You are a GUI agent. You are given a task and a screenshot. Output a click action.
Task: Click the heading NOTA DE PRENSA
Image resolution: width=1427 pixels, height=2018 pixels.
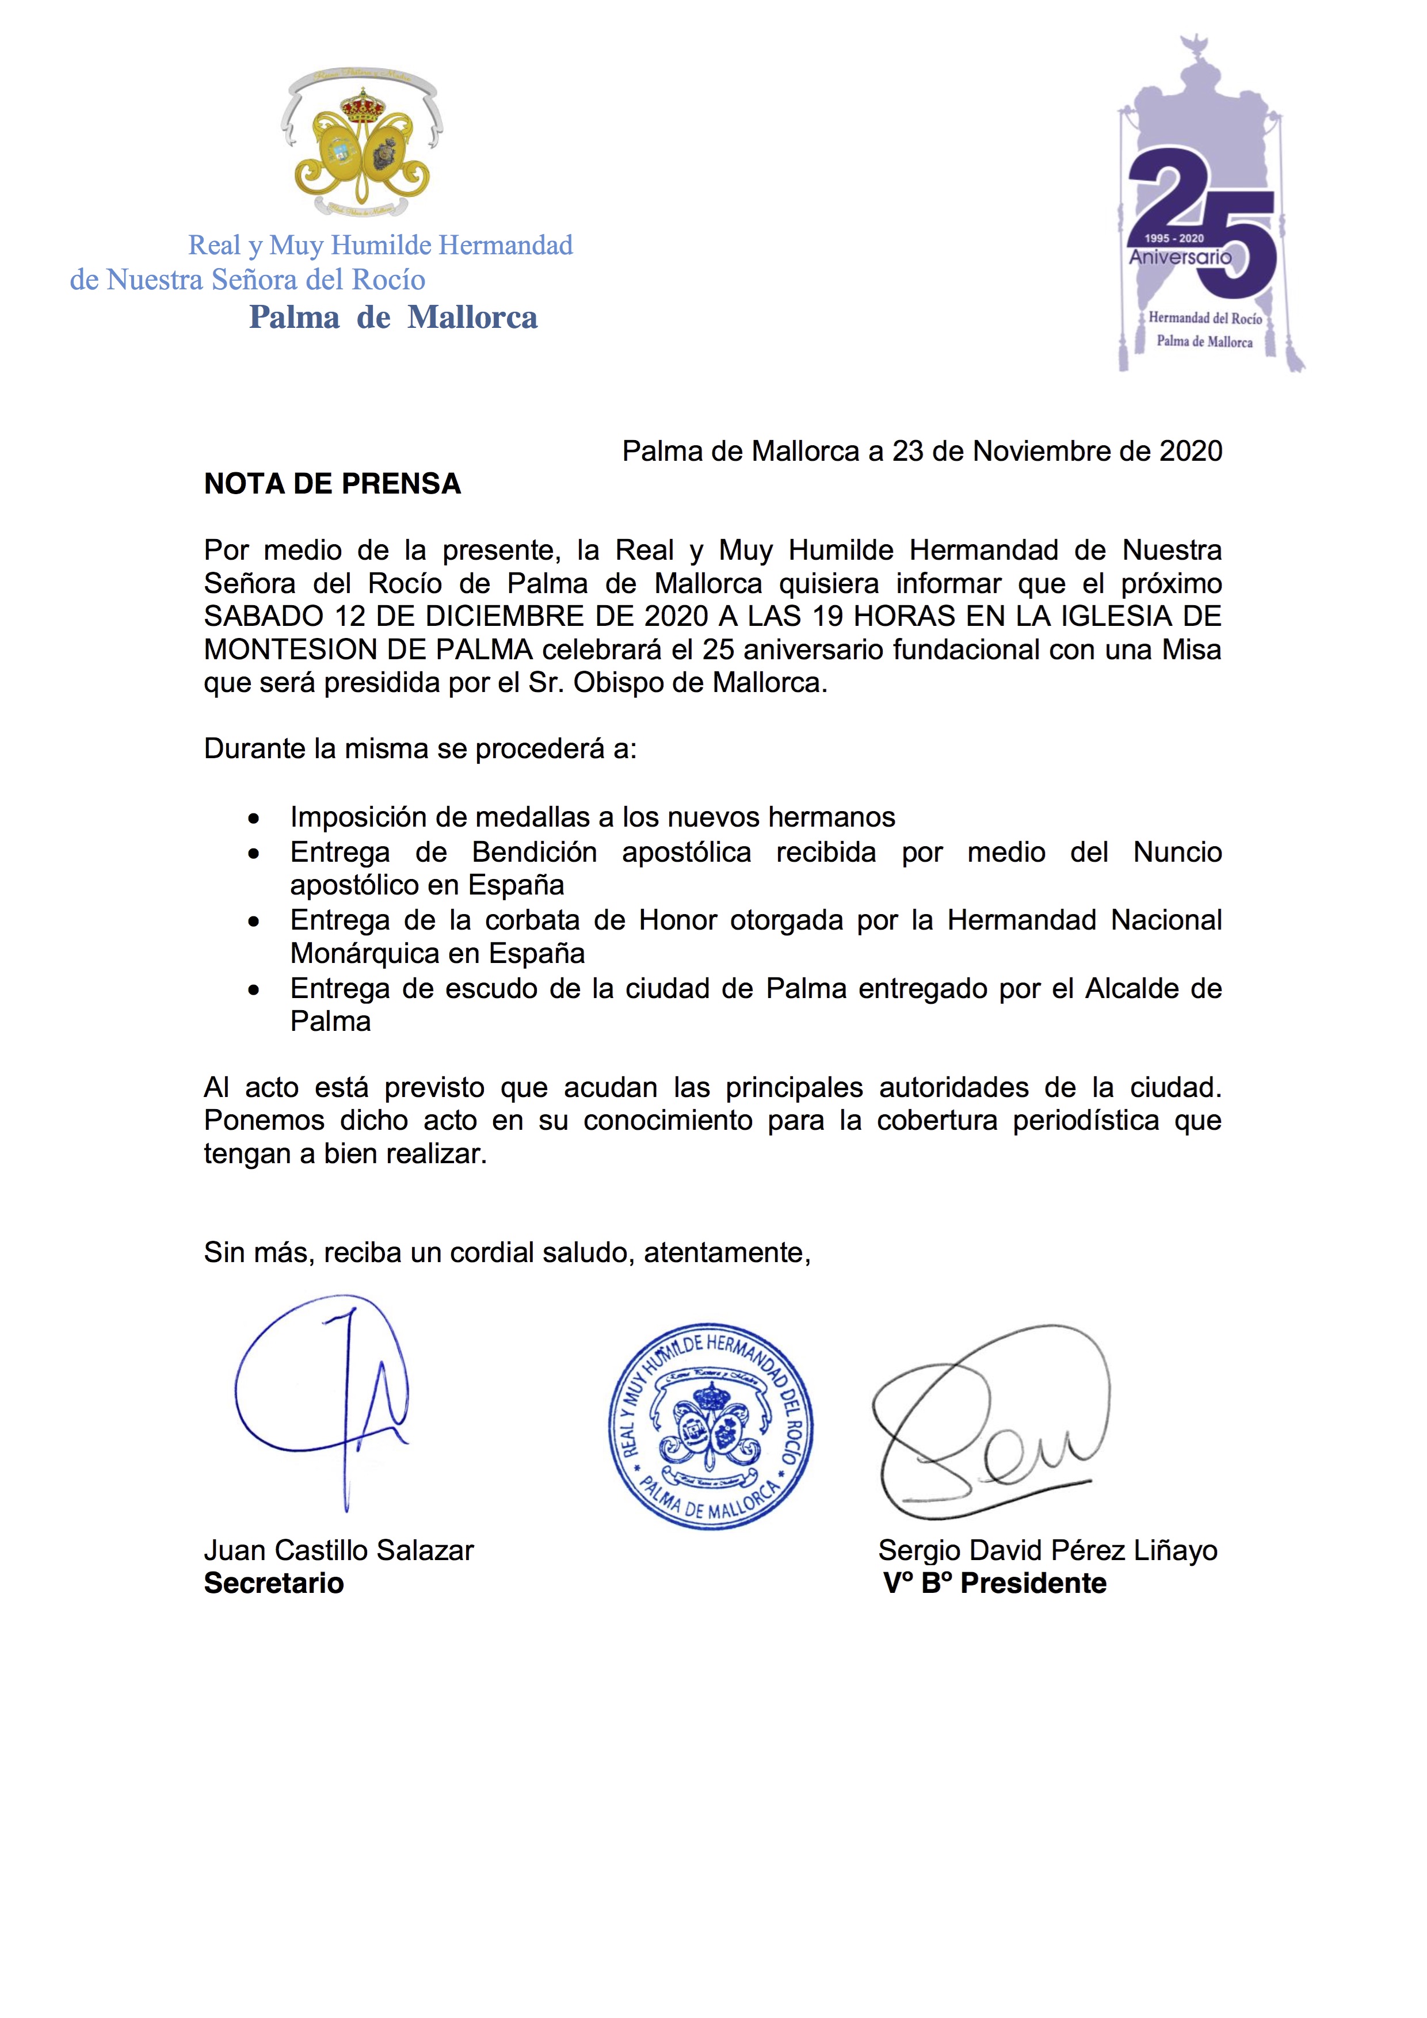pyautogui.click(x=333, y=484)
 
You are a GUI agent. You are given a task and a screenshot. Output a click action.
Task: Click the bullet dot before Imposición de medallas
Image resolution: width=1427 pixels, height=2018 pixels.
pyautogui.click(x=254, y=819)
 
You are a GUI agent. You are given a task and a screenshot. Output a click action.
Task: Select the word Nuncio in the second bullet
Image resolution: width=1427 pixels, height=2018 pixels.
pyautogui.click(x=1177, y=853)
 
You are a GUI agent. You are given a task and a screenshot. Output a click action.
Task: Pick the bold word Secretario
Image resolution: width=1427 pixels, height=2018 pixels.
pyautogui.click(x=273, y=1584)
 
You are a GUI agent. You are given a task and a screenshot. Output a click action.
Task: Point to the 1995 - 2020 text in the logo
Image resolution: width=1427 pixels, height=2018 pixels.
pyautogui.click(x=1174, y=238)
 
